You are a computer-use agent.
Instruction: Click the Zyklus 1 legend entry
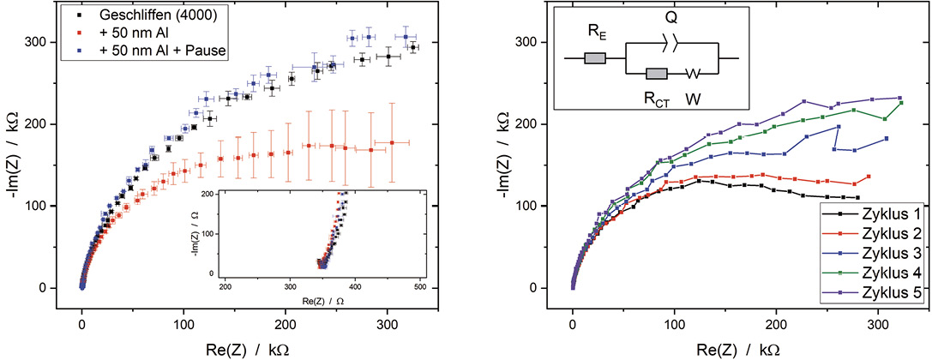(870, 210)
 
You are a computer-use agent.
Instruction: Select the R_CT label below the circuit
(659, 100)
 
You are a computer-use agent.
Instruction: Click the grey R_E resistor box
(595, 58)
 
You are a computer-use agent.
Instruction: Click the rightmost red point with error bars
(392, 142)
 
